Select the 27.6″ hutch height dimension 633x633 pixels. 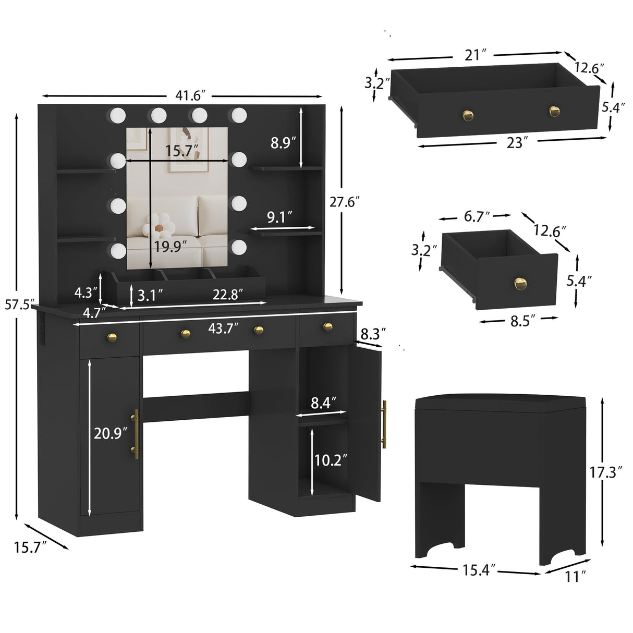coord(345,201)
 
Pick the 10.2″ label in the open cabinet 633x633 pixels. coord(331,460)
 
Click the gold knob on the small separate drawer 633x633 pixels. coord(520,284)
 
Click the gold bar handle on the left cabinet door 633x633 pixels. coord(136,434)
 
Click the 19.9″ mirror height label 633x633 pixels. coord(170,246)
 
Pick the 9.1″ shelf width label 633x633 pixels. coord(279,217)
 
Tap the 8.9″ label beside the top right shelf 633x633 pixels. coord(283,142)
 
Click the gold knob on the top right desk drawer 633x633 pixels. coord(327,326)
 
